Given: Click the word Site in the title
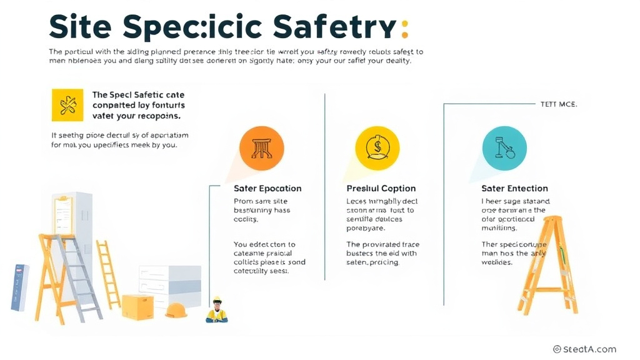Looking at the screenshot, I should (80, 27).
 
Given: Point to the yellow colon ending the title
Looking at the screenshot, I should (404, 27).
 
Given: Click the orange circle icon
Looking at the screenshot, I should (261, 148).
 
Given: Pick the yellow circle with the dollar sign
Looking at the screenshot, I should (377, 148).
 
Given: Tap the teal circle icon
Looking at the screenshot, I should (504, 148).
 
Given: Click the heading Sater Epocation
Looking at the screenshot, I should (267, 188).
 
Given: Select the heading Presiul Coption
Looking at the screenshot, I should (381, 188).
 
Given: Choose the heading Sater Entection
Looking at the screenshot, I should (514, 188).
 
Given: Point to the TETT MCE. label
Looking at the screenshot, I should (559, 104).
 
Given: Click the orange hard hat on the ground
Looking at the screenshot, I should (176, 310).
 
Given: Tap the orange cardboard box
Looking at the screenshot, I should (137, 307).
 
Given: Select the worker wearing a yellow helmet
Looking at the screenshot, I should (217, 310).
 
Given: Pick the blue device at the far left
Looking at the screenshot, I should (20, 287).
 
